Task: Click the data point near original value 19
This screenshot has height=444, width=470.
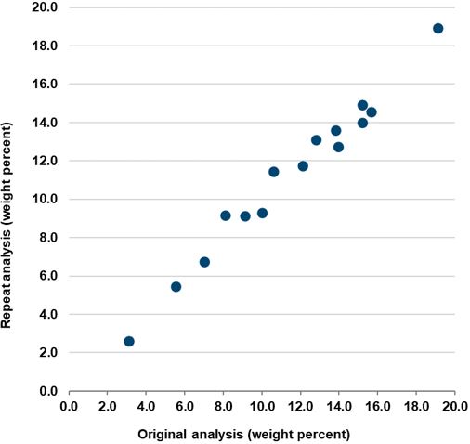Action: coord(438,29)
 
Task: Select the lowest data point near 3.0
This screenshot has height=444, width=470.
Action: coord(129,342)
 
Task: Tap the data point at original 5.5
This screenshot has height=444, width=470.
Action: coord(176,287)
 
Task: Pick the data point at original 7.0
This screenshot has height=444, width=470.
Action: coord(205,262)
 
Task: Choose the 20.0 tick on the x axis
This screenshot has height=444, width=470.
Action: coord(454,407)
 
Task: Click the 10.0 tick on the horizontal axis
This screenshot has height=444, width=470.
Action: coord(261,407)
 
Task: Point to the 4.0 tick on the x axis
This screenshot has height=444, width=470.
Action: coord(146,407)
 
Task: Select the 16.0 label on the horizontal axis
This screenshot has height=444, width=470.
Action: coord(377,407)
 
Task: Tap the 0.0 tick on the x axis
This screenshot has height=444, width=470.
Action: coord(69,407)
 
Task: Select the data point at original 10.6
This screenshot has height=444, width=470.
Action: coord(274,172)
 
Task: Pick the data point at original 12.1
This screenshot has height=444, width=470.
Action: coord(303,166)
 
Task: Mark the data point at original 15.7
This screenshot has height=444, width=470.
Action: coord(372,112)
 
